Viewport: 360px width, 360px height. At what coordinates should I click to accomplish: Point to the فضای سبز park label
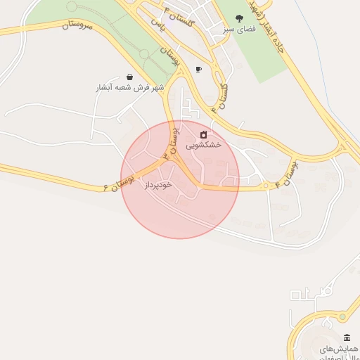(238, 30)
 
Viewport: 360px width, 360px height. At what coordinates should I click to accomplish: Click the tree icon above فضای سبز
(239, 19)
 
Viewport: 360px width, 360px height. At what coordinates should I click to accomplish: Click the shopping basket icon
(129, 77)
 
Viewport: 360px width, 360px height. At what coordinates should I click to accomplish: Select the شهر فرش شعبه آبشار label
(129, 88)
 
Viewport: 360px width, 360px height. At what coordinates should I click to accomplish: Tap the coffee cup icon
(198, 69)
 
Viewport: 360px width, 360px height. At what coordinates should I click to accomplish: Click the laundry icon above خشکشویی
(204, 134)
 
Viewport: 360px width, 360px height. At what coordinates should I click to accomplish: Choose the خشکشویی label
(204, 145)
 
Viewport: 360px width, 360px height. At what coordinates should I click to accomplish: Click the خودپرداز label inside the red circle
(157, 184)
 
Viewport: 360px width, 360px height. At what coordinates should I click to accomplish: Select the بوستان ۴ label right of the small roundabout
(287, 172)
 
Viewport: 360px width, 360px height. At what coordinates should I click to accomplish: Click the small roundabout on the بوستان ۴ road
(266, 186)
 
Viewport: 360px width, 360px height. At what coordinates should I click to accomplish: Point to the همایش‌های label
(339, 349)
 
